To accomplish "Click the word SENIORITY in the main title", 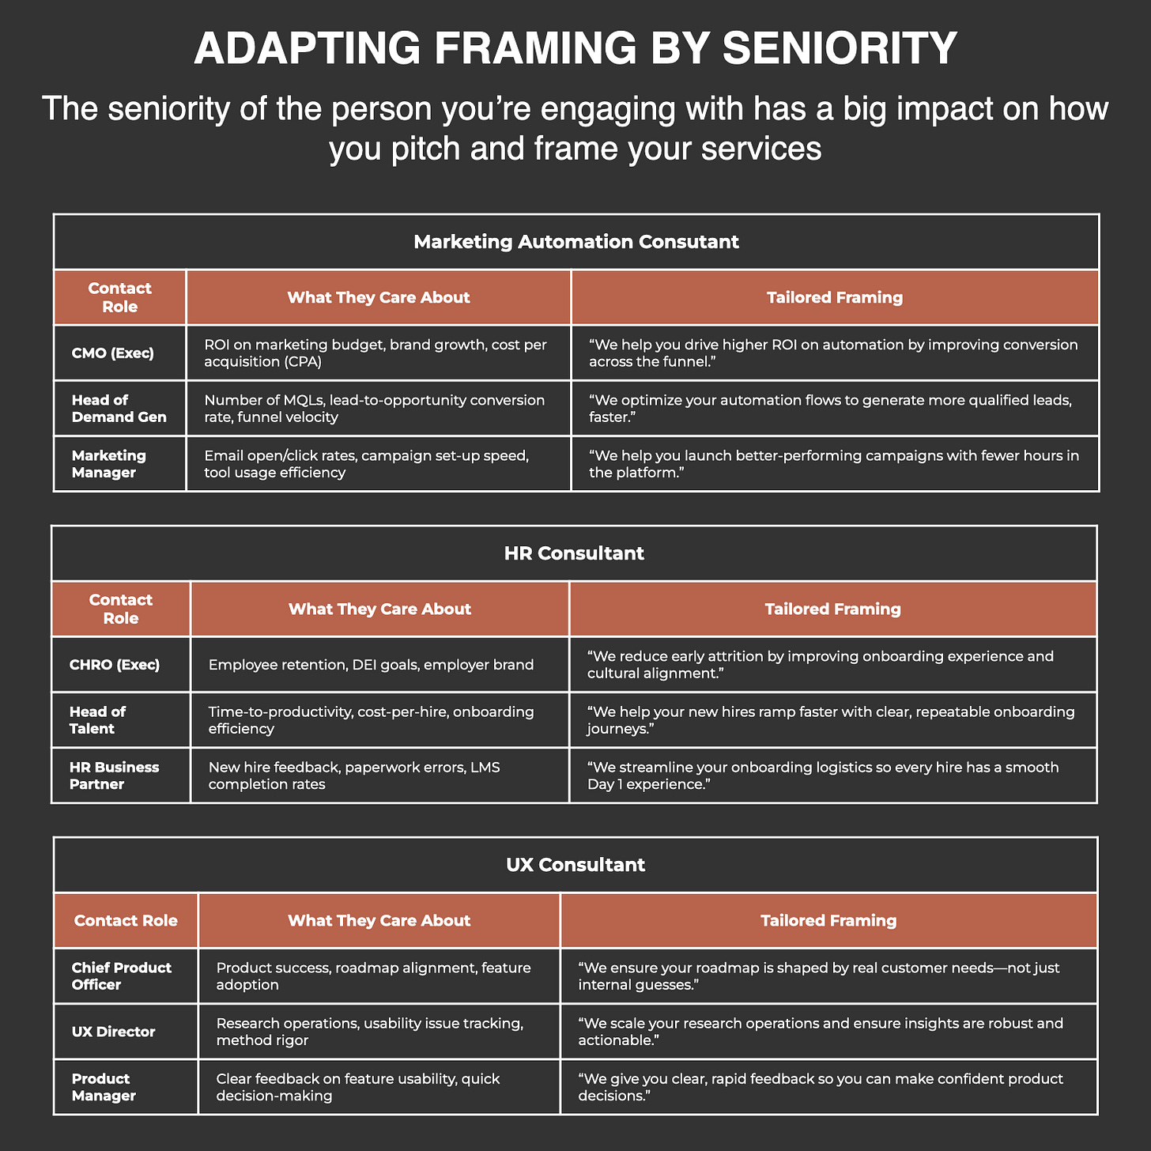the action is click(x=840, y=49).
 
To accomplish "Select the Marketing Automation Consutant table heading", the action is click(x=575, y=242).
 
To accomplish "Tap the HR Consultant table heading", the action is click(x=574, y=553).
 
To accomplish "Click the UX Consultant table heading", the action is click(x=575, y=865).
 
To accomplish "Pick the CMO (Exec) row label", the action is click(x=112, y=353).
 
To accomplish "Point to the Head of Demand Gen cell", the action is click(x=119, y=408).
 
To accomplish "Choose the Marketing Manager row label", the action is click(x=109, y=464).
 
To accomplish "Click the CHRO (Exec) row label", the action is click(x=115, y=664).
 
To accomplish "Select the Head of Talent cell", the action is click(x=98, y=719).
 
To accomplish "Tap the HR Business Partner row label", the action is click(x=114, y=776).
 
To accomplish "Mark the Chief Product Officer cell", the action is click(x=121, y=976).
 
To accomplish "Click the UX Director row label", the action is click(x=113, y=1032).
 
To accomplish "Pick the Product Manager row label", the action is click(x=104, y=1087).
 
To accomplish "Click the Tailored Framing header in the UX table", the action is click(x=828, y=920).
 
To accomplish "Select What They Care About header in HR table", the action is click(x=379, y=609).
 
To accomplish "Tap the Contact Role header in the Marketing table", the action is click(x=119, y=297).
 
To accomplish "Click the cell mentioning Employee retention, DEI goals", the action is click(x=371, y=664).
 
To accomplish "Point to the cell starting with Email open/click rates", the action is click(x=366, y=464).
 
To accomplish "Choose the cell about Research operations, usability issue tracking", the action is click(x=369, y=1032).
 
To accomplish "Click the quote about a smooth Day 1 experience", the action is click(x=822, y=776).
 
